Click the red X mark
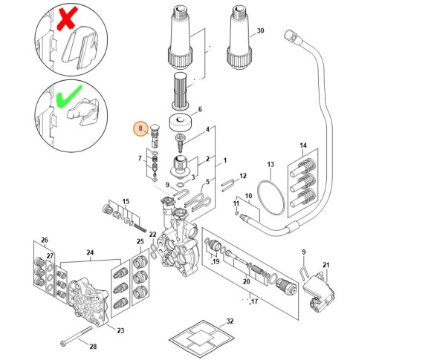(x=67, y=19)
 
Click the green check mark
(x=68, y=96)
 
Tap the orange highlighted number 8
(x=140, y=128)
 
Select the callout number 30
(x=260, y=30)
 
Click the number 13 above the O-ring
(x=270, y=165)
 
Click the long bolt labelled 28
(x=76, y=335)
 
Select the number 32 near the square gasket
(x=230, y=321)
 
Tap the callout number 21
(x=326, y=265)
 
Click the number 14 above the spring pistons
(x=303, y=145)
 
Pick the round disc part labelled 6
(x=180, y=122)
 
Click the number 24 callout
(x=90, y=252)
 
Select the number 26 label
(x=45, y=240)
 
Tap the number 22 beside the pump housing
(x=152, y=235)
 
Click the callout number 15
(x=126, y=202)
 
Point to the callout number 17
(x=254, y=301)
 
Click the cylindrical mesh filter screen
(x=180, y=91)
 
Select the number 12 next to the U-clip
(x=243, y=175)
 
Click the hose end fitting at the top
(x=291, y=36)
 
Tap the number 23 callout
(x=120, y=330)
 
